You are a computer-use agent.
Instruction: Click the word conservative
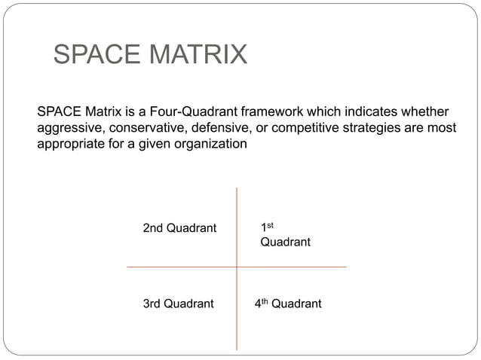(x=146, y=127)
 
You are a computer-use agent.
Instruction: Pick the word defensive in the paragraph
(x=219, y=127)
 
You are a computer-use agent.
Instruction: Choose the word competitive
(x=302, y=127)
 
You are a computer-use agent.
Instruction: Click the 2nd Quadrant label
(x=179, y=227)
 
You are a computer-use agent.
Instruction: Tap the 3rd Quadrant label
(x=178, y=304)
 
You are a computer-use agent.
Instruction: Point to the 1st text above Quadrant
(x=266, y=227)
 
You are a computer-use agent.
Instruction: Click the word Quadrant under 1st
(x=285, y=243)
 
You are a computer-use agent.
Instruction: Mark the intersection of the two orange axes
(x=237, y=267)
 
